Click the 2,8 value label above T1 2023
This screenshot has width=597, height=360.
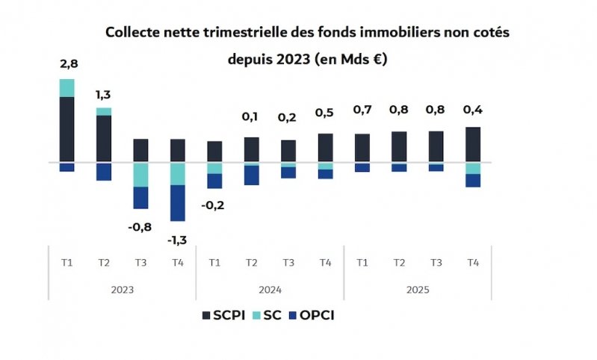tap(68, 63)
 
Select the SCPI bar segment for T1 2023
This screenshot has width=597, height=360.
tap(67, 129)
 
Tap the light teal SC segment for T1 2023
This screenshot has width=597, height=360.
tap(67, 88)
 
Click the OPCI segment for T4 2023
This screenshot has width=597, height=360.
tap(178, 202)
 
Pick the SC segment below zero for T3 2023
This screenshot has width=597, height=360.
tap(141, 175)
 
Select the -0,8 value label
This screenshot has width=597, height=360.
tap(141, 226)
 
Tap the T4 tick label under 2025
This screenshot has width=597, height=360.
tap(473, 262)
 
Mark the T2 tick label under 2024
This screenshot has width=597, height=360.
tap(252, 262)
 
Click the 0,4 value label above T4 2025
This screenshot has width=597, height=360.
tap(473, 111)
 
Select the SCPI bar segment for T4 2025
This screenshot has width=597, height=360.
tap(473, 144)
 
